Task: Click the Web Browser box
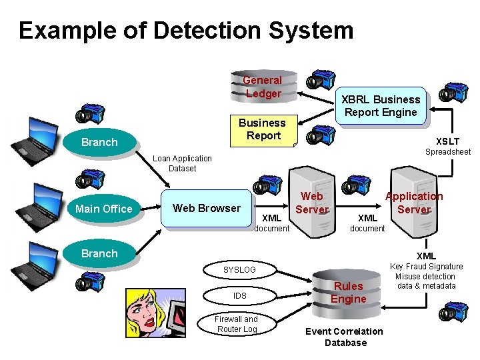[207, 208]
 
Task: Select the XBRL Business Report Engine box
[381, 105]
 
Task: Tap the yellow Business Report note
[264, 131]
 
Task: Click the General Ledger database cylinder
[264, 86]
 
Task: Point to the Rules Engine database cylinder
[346, 293]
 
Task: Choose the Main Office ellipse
[104, 209]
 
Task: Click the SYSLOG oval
[240, 270]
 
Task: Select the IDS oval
[240, 296]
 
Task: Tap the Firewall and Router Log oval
[236, 324]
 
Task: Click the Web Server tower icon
[312, 202]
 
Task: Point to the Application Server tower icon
[414, 202]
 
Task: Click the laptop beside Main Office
[39, 207]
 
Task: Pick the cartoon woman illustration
[156, 313]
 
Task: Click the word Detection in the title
[207, 30]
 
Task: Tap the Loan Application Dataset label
[182, 163]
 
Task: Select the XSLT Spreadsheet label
[448, 146]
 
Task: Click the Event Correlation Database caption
[345, 337]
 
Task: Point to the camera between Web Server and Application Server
[356, 185]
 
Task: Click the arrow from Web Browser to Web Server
[271, 206]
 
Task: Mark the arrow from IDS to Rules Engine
[294, 295]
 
